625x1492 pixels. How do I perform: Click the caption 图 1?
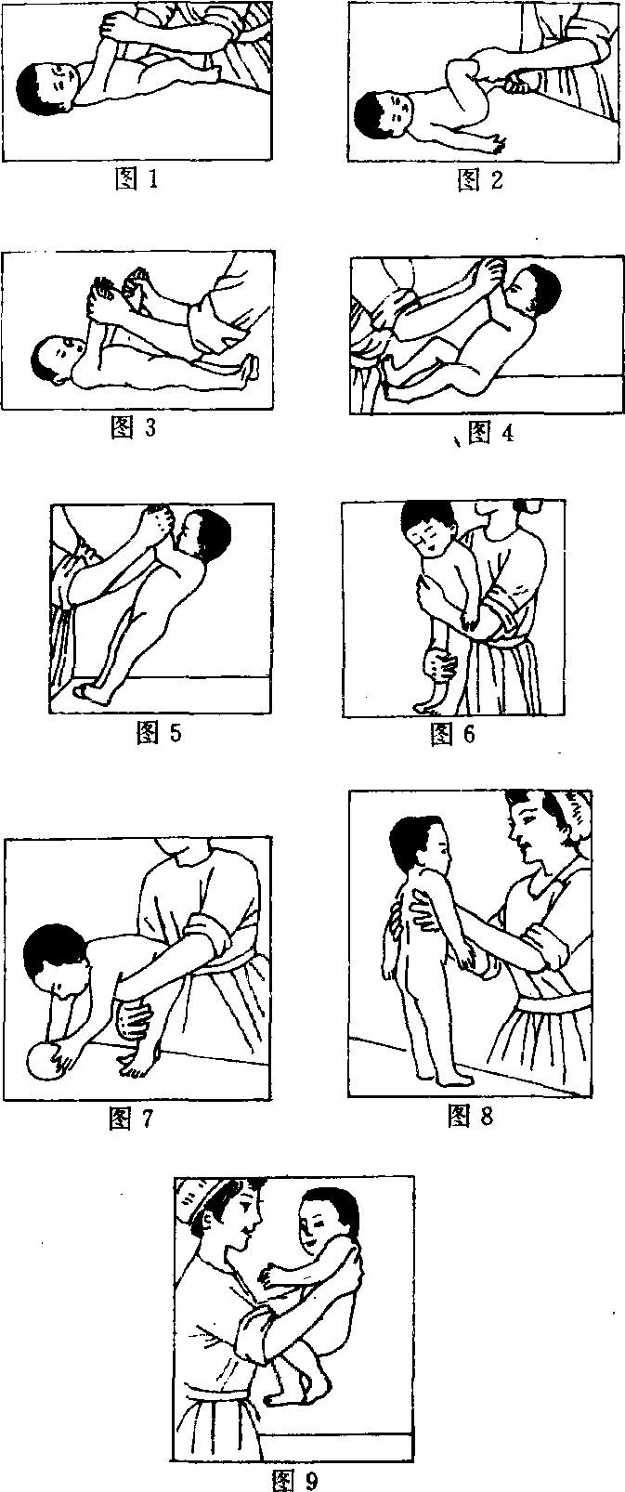(x=137, y=178)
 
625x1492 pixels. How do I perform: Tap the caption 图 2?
(x=479, y=179)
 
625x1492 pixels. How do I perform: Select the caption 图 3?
(x=133, y=427)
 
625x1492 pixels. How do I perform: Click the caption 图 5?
(x=159, y=733)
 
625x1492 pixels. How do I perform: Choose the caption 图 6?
(x=452, y=734)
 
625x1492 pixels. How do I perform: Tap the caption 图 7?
(x=131, y=1119)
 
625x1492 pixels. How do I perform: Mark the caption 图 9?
(x=295, y=1480)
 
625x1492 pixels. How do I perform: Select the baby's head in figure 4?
(x=532, y=291)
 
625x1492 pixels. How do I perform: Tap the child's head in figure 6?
(x=429, y=530)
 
